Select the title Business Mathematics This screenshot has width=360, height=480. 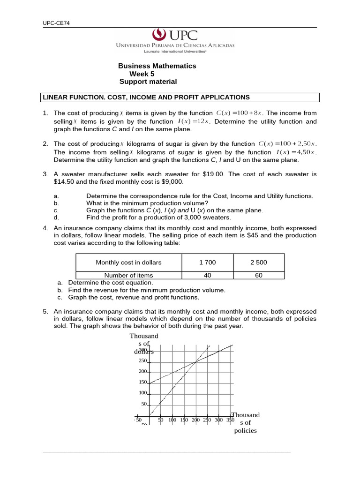click(157, 66)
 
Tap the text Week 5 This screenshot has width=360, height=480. click(142, 74)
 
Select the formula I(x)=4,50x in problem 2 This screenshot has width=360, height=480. click(296, 152)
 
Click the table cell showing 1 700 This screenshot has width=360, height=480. click(208, 262)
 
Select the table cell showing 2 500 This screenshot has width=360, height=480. click(259, 262)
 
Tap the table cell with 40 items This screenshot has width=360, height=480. click(208, 276)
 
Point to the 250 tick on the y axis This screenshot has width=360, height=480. click(143, 361)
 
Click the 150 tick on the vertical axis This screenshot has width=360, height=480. click(143, 382)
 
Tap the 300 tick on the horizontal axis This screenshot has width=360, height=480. click(219, 420)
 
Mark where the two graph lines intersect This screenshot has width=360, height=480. click(195, 360)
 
